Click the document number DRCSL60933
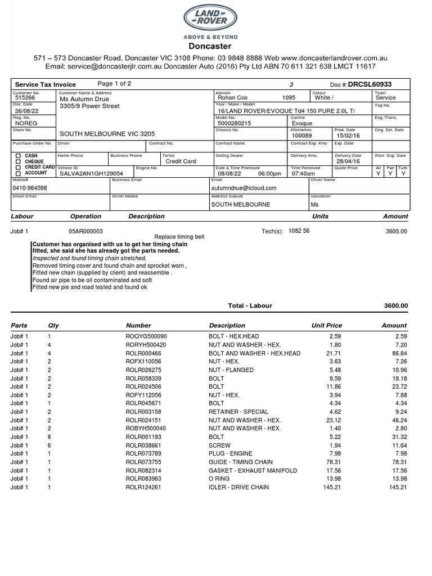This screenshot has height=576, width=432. (370, 84)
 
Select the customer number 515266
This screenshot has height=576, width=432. (24, 98)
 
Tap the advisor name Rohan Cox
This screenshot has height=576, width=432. (233, 98)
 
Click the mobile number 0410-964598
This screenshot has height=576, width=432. (30, 188)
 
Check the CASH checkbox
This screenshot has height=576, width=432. (18, 156)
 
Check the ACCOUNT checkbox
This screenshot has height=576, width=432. (18, 173)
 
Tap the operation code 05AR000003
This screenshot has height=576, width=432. (85, 231)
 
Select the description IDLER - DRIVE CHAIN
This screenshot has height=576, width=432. (238, 487)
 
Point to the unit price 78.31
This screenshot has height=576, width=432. (334, 462)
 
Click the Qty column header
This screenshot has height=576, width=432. (53, 325)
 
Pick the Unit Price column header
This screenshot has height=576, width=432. (326, 325)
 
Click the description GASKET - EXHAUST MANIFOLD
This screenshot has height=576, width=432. (253, 470)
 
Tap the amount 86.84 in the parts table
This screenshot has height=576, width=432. (398, 353)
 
